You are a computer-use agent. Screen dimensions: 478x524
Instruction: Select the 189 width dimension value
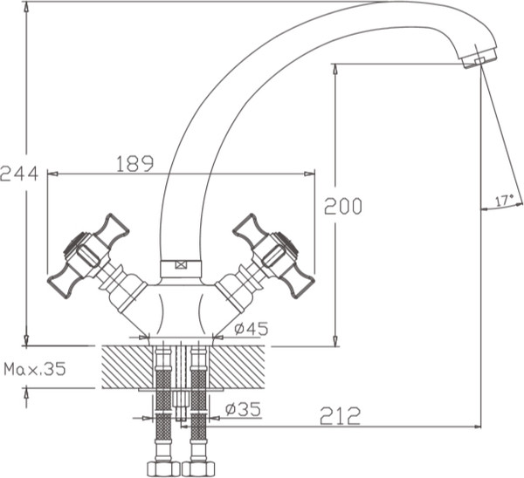point(134,163)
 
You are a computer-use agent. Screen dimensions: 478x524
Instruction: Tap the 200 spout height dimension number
point(342,207)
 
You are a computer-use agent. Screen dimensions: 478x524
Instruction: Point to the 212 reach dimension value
point(341,416)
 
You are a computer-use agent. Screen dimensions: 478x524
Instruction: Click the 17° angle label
point(504,201)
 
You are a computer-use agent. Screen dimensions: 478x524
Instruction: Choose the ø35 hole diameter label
point(243,408)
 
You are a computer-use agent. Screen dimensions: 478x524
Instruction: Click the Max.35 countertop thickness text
point(34,369)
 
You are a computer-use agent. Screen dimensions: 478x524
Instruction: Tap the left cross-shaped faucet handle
point(87,254)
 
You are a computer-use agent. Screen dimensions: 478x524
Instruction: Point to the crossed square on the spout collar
point(182,265)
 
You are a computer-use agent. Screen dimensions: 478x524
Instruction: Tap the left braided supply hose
point(162,401)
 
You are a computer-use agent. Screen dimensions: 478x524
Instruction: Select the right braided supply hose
point(198,401)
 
